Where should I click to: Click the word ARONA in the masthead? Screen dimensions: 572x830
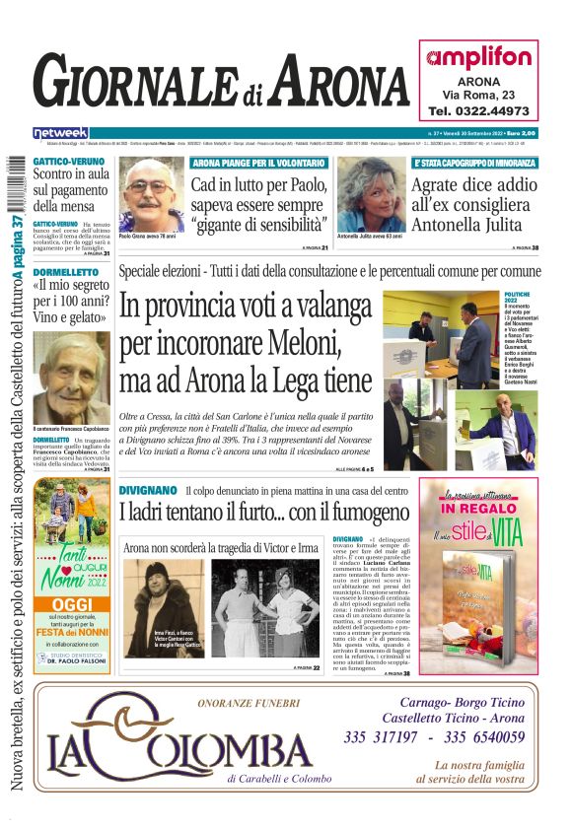324,85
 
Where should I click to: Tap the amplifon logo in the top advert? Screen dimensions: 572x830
478,57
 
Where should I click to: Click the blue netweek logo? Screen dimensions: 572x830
60,132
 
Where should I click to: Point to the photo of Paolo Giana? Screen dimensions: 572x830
151,194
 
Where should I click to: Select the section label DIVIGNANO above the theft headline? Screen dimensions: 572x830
147,490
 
